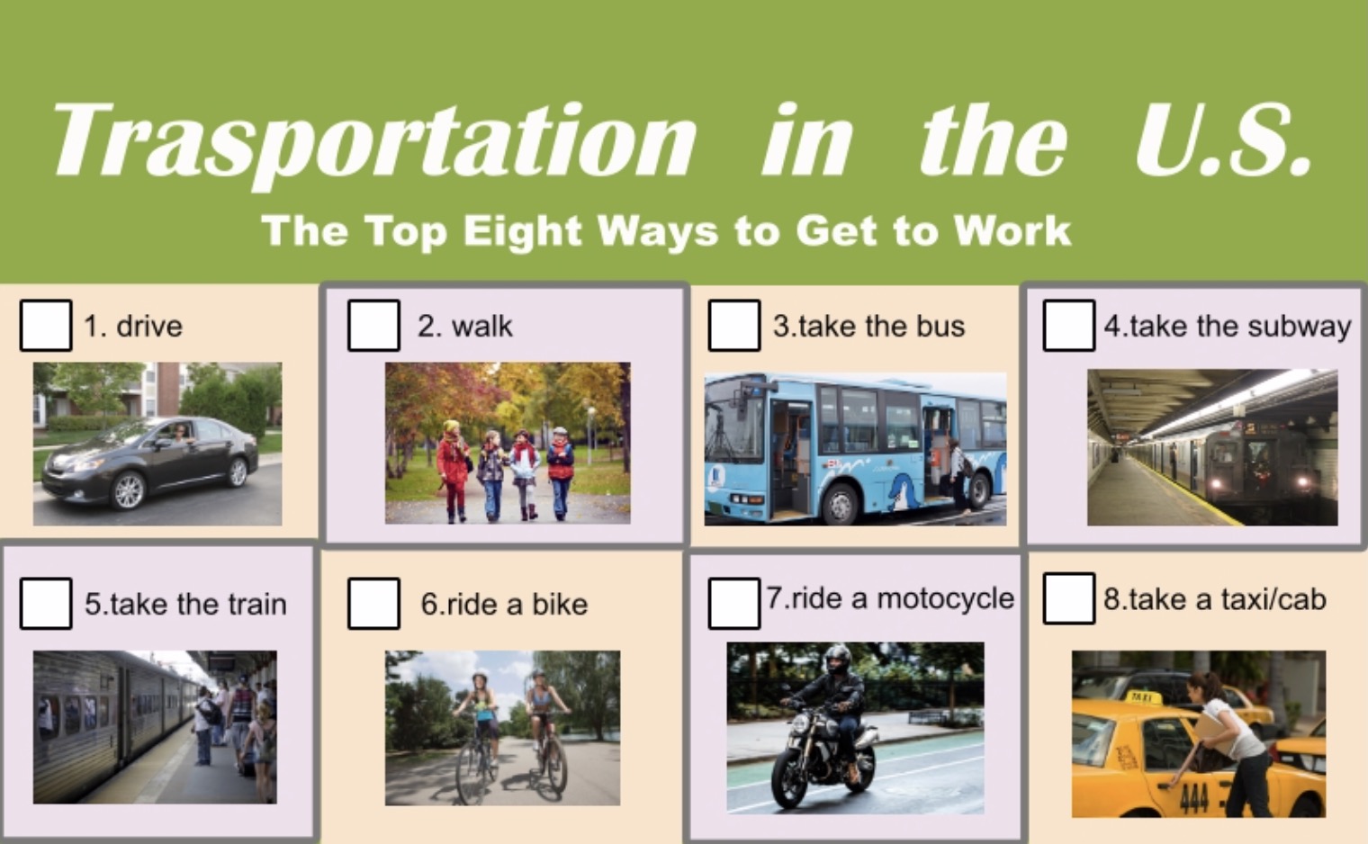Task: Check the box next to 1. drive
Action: [x=46, y=325]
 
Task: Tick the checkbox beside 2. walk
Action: [x=373, y=325]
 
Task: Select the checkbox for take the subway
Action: [x=1069, y=325]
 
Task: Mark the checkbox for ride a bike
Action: [x=373, y=604]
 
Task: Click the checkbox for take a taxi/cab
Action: [x=1069, y=598]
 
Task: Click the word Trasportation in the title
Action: [x=375, y=144]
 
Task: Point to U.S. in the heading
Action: [x=1224, y=140]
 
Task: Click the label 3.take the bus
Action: [x=869, y=326]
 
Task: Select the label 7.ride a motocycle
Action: [x=890, y=598]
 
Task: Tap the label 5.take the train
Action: [x=185, y=604]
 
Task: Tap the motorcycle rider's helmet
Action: [x=837, y=660]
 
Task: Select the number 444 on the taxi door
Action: [x=1194, y=797]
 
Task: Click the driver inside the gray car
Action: [x=180, y=434]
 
